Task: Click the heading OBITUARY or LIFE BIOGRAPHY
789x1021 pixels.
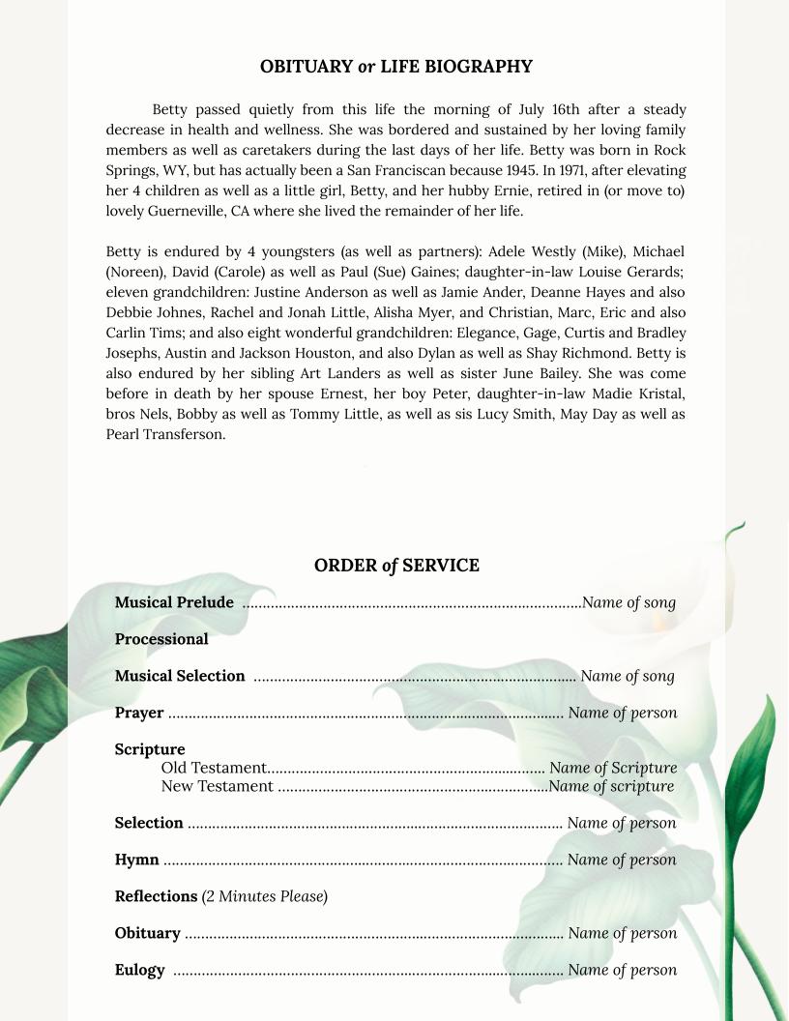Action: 395,67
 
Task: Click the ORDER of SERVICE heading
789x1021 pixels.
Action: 395,566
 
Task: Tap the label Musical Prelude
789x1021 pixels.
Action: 174,602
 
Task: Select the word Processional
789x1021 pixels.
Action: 161,639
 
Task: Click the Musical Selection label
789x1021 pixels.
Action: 180,676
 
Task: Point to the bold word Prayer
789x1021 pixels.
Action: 139,713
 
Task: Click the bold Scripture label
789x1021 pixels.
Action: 150,749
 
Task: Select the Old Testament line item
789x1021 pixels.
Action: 214,769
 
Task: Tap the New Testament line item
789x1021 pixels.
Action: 218,786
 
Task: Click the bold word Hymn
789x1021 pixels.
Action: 136,860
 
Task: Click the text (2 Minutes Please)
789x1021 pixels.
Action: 265,896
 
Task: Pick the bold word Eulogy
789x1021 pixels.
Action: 139,970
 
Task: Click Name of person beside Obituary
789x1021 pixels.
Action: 622,933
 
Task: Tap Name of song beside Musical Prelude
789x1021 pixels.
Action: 628,602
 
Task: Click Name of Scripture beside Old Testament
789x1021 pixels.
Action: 613,769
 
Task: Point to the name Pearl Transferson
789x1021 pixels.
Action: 165,434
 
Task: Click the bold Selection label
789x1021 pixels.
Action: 149,823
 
